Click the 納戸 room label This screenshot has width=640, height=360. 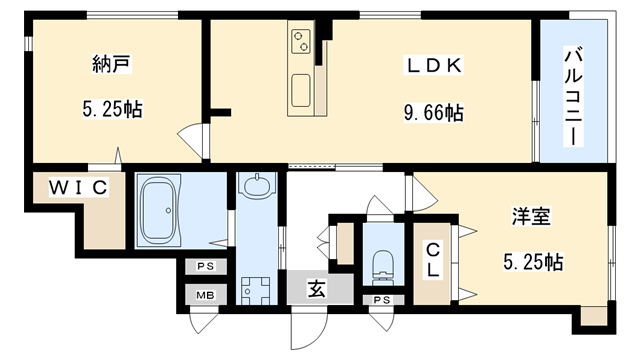(x=111, y=64)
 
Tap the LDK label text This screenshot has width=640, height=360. (x=433, y=65)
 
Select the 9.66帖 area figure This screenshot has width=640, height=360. (x=433, y=112)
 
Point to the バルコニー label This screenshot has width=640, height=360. (x=573, y=97)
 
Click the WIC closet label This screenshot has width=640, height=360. (x=78, y=187)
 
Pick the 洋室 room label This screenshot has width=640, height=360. (x=531, y=216)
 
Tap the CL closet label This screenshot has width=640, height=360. (x=432, y=259)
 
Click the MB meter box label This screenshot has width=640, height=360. (x=205, y=295)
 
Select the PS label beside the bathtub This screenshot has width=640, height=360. (x=205, y=267)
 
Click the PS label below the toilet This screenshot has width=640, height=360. (x=382, y=300)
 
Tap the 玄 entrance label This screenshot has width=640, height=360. (x=316, y=289)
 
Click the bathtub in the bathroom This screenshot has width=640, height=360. (x=159, y=211)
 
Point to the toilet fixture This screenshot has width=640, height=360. (x=382, y=267)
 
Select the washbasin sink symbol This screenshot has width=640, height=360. (x=257, y=186)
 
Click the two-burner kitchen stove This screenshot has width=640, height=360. (x=301, y=41)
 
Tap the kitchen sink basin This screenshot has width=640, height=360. (x=301, y=90)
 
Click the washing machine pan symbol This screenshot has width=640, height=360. (x=256, y=291)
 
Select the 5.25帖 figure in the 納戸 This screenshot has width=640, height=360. (x=112, y=109)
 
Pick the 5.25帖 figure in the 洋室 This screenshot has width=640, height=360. (x=533, y=262)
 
